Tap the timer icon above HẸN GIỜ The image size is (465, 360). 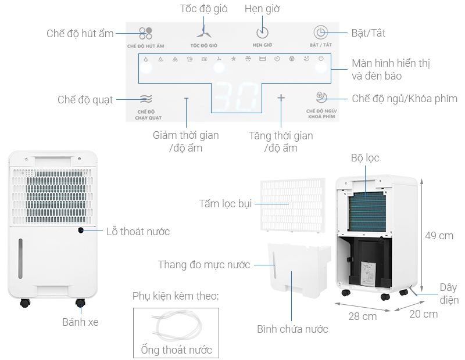[x=263, y=33]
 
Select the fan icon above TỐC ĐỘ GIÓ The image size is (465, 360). [x=203, y=33]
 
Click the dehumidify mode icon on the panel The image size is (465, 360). [x=145, y=33]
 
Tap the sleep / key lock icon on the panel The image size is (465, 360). [x=320, y=97]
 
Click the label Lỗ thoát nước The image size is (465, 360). [x=138, y=232]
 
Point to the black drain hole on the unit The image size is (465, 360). [x=81, y=231]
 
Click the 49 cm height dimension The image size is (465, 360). [x=439, y=236]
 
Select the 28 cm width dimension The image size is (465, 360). [x=362, y=316]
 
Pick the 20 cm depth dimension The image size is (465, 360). [x=423, y=314]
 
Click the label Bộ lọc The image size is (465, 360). [x=365, y=158]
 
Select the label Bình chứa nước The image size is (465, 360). [x=292, y=329]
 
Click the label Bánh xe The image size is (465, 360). [x=80, y=321]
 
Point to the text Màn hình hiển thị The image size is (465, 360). [x=391, y=63]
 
